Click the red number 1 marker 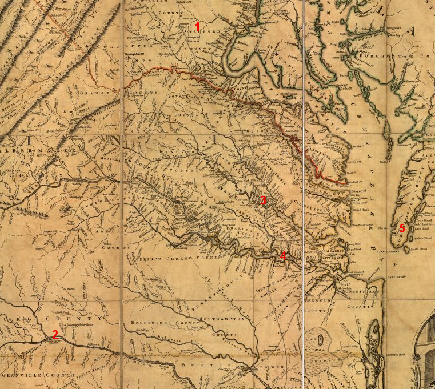click(198, 26)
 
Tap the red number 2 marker click(55, 334)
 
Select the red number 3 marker click(263, 200)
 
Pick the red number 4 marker click(283, 256)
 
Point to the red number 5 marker click(402, 228)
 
